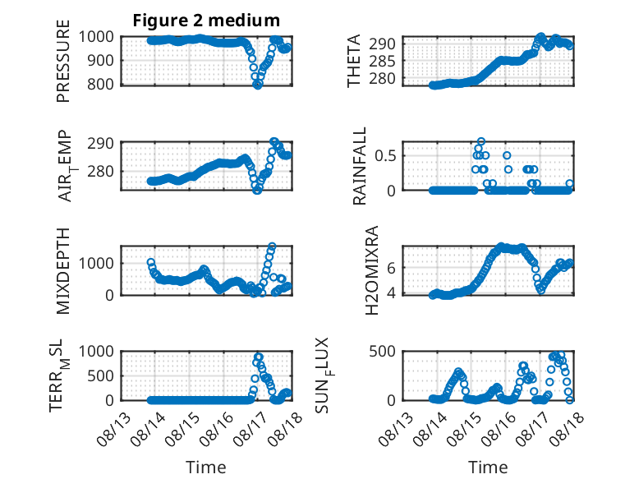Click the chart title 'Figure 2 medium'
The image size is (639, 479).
206,21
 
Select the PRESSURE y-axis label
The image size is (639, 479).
63,61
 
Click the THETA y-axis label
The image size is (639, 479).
354,61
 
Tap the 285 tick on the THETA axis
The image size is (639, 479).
382,61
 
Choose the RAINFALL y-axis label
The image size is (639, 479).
360,166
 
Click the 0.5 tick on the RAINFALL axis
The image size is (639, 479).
385,156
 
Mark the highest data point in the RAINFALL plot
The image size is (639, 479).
481,142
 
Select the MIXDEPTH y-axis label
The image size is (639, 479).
63,271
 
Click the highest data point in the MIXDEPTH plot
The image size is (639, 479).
272,246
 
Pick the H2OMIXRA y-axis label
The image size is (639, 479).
372,270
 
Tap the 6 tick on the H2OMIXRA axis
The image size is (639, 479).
391,268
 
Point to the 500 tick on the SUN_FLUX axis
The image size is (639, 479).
382,352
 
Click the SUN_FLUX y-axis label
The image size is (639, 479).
323,375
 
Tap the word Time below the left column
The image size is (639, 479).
206,467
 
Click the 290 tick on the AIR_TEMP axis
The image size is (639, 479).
100,144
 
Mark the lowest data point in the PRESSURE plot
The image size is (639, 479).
258,85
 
